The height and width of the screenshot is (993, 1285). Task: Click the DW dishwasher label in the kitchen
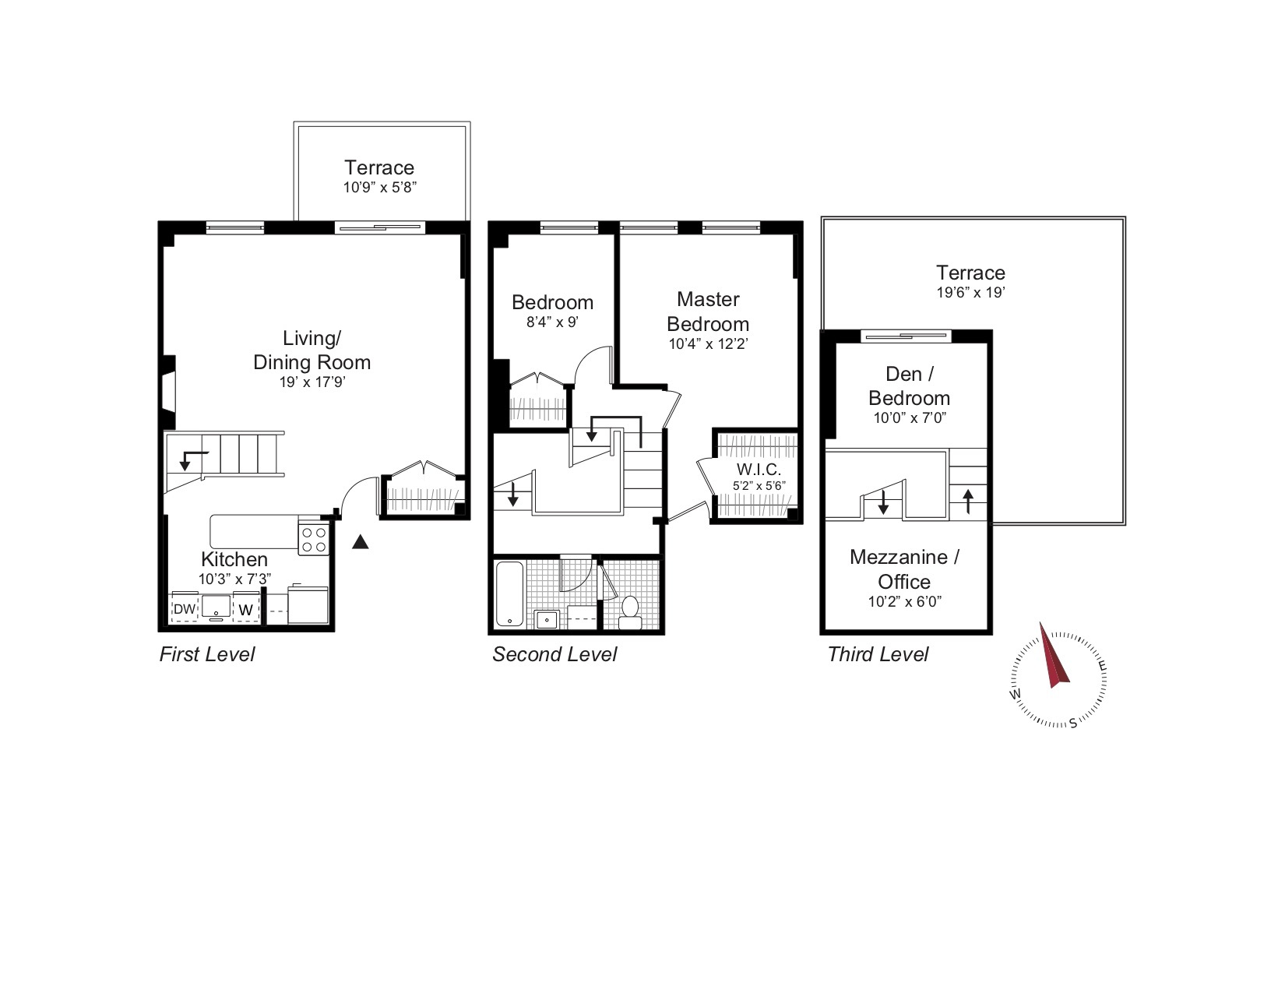pyautogui.click(x=184, y=609)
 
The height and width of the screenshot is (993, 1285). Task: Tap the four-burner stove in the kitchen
pyautogui.click(x=314, y=540)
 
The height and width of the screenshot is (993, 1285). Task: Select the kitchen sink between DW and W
pyautogui.click(x=216, y=607)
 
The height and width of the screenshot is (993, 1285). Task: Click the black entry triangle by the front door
pyautogui.click(x=360, y=542)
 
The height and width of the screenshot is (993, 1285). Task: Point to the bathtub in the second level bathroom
pyautogui.click(x=510, y=593)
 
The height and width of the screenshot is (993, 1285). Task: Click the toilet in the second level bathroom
pyautogui.click(x=629, y=612)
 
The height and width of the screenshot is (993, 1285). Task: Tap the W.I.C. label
pyautogui.click(x=759, y=470)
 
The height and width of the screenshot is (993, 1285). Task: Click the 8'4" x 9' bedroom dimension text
pyautogui.click(x=552, y=322)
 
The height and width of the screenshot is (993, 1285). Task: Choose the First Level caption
pyautogui.click(x=206, y=654)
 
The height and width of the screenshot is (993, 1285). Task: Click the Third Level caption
pyautogui.click(x=878, y=654)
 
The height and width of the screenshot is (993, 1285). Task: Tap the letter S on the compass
pyautogui.click(x=1073, y=722)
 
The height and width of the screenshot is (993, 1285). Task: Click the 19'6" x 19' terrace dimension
pyautogui.click(x=970, y=293)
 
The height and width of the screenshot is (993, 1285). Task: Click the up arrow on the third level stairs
pyautogui.click(x=968, y=501)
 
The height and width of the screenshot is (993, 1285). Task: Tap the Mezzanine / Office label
pyautogui.click(x=904, y=569)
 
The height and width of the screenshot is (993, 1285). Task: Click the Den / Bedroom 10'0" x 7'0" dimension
pyautogui.click(x=909, y=418)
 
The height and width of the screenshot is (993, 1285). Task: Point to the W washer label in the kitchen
pyautogui.click(x=245, y=610)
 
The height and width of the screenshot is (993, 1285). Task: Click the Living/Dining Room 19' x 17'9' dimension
pyautogui.click(x=312, y=382)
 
